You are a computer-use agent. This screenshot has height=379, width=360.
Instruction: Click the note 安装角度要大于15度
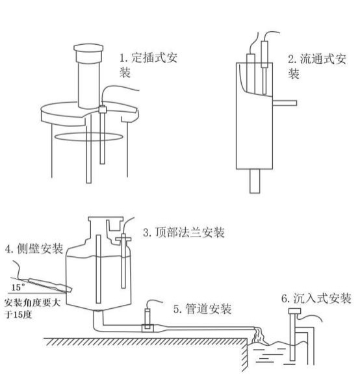coord(29,307)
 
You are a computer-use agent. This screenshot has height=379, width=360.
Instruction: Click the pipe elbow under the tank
coord(97,319)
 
